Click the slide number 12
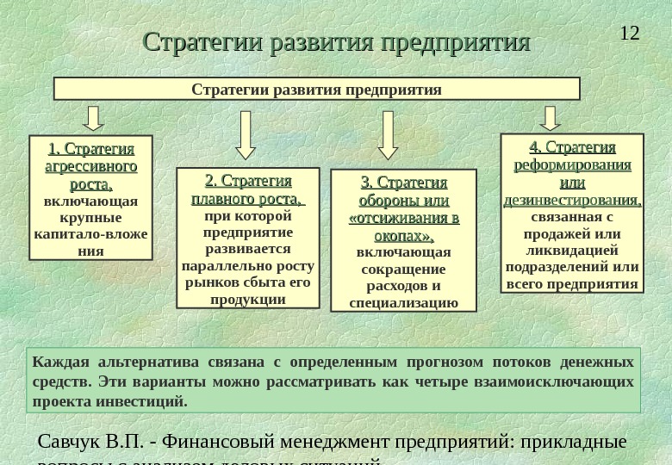630,34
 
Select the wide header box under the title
317,90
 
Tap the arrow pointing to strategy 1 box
95,119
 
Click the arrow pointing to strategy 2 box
246,135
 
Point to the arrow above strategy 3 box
389,135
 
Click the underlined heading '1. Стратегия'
90,149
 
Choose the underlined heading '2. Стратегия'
248,182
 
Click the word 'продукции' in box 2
248,299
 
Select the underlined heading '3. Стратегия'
404,183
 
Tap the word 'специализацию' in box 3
404,302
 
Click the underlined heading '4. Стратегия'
572,147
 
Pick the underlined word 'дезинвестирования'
571,200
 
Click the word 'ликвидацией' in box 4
572,250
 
